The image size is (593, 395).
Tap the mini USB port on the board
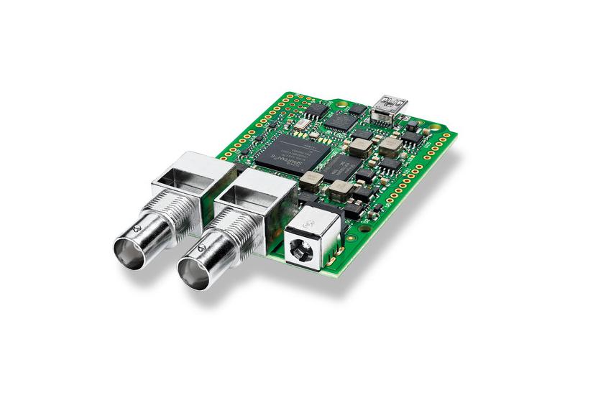pos(392,103)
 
